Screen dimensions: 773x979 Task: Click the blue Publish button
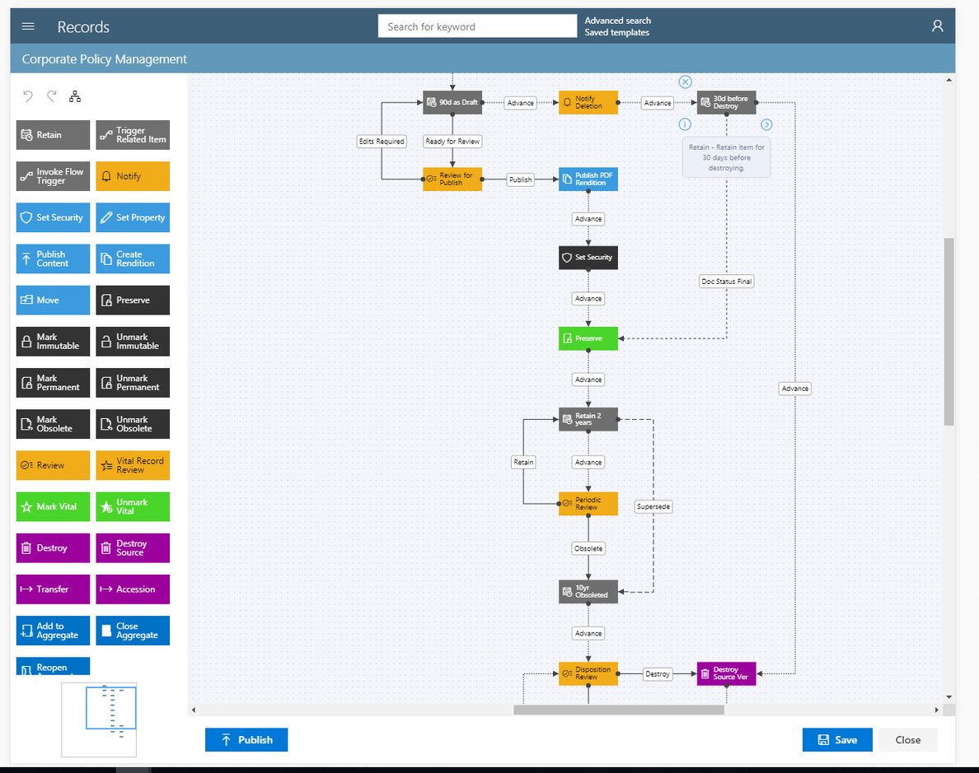[x=246, y=740]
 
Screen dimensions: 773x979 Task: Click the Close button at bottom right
[x=907, y=740]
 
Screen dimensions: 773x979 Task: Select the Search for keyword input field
[x=477, y=26]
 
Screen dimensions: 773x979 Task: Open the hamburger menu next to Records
[x=28, y=26]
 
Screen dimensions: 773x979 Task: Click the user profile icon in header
[x=937, y=26]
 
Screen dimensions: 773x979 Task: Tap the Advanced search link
[x=617, y=21]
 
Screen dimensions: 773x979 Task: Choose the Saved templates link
[x=616, y=33]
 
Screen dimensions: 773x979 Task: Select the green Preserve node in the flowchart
[x=588, y=338]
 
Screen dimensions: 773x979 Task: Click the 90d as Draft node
[x=452, y=102]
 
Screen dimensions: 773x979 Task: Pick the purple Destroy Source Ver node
[x=726, y=673]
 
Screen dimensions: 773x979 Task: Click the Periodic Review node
[x=588, y=504]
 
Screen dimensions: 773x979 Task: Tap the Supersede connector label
[x=653, y=507]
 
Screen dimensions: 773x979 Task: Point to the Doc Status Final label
[x=726, y=282]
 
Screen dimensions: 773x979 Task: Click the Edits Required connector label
[x=382, y=142]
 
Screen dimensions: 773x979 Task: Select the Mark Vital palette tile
[x=53, y=507]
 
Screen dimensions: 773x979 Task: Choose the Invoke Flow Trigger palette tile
[x=53, y=176]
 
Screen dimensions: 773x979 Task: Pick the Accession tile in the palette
[x=133, y=589]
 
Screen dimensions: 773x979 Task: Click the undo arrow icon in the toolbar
[x=28, y=96]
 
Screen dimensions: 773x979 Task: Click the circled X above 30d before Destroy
[x=685, y=81]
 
